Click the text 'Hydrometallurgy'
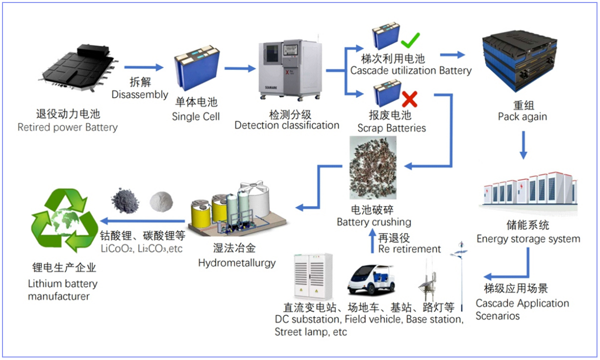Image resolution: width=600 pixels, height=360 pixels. point(236,262)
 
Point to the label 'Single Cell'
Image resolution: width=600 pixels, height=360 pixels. point(195,116)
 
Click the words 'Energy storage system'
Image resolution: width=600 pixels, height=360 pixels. point(528,238)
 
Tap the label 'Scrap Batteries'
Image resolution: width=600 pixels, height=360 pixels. point(391,128)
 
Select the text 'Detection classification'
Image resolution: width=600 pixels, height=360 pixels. point(286,125)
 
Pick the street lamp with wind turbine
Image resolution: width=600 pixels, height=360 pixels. point(458,272)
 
